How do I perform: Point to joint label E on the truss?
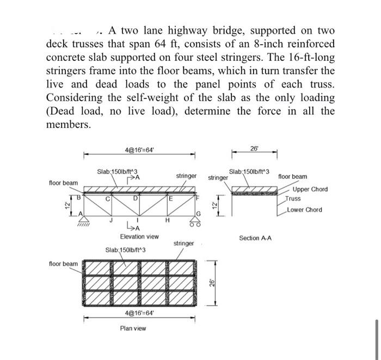point(170,198)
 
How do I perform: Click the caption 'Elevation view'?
point(139,237)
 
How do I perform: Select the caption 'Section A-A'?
point(255,238)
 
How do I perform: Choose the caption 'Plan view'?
point(133,328)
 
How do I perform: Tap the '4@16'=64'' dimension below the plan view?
point(138,314)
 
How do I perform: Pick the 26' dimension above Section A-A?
point(254,148)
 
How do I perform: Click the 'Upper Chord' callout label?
point(310,189)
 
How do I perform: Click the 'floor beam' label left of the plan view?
point(63,264)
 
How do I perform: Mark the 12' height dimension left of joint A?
point(66,207)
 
